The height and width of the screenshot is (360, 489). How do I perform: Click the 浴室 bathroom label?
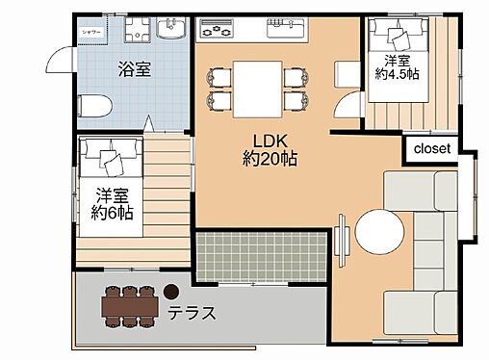pos(134,69)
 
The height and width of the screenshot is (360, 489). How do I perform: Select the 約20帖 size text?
pos(270,159)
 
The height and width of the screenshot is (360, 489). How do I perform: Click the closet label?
pos(432,149)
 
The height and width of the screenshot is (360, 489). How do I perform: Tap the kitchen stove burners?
pos(214,32)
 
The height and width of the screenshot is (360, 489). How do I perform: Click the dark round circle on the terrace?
pos(171,290)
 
